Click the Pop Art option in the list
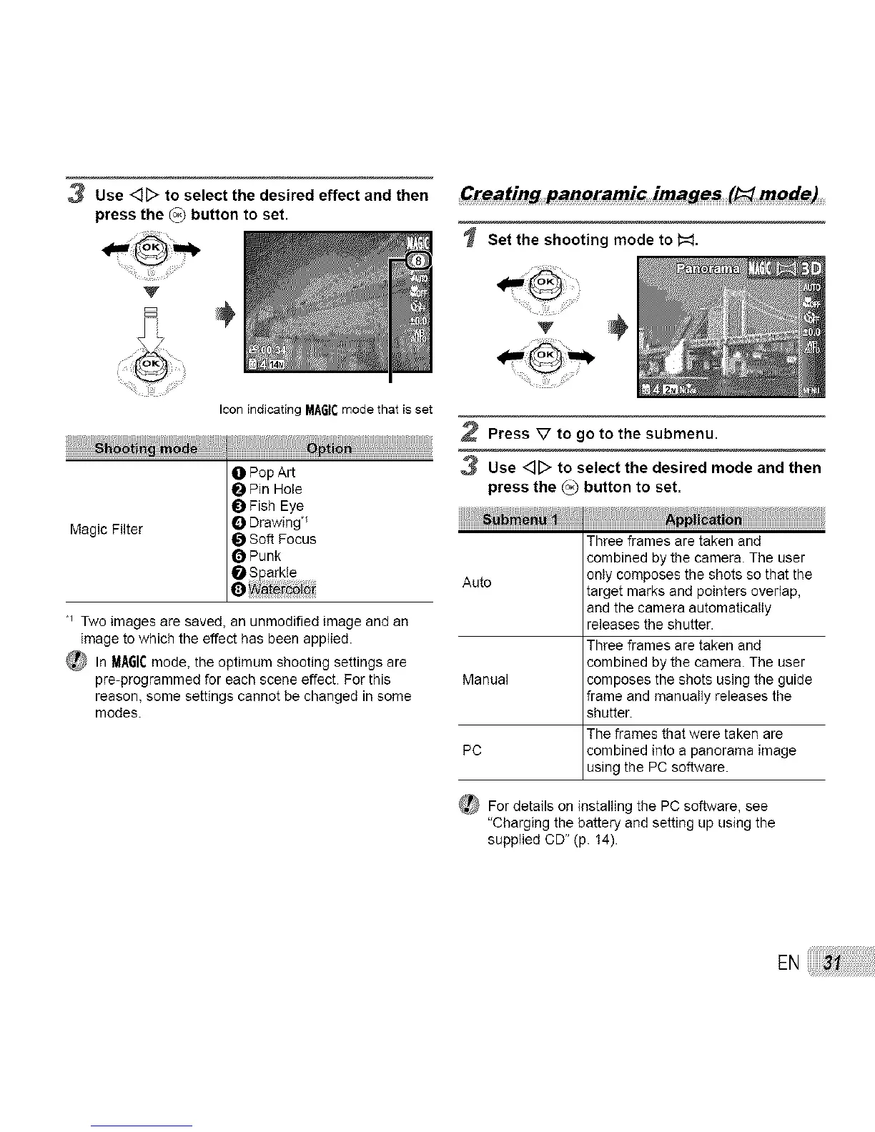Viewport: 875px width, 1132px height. click(272, 472)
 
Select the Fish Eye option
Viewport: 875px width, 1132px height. click(276, 506)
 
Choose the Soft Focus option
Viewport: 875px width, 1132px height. click(282, 539)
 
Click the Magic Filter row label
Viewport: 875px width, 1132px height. click(107, 530)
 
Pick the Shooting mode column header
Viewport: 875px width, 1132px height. click(146, 448)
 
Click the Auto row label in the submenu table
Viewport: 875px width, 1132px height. click(477, 582)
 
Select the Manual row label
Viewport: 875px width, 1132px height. click(485, 679)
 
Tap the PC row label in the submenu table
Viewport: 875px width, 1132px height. click(472, 750)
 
